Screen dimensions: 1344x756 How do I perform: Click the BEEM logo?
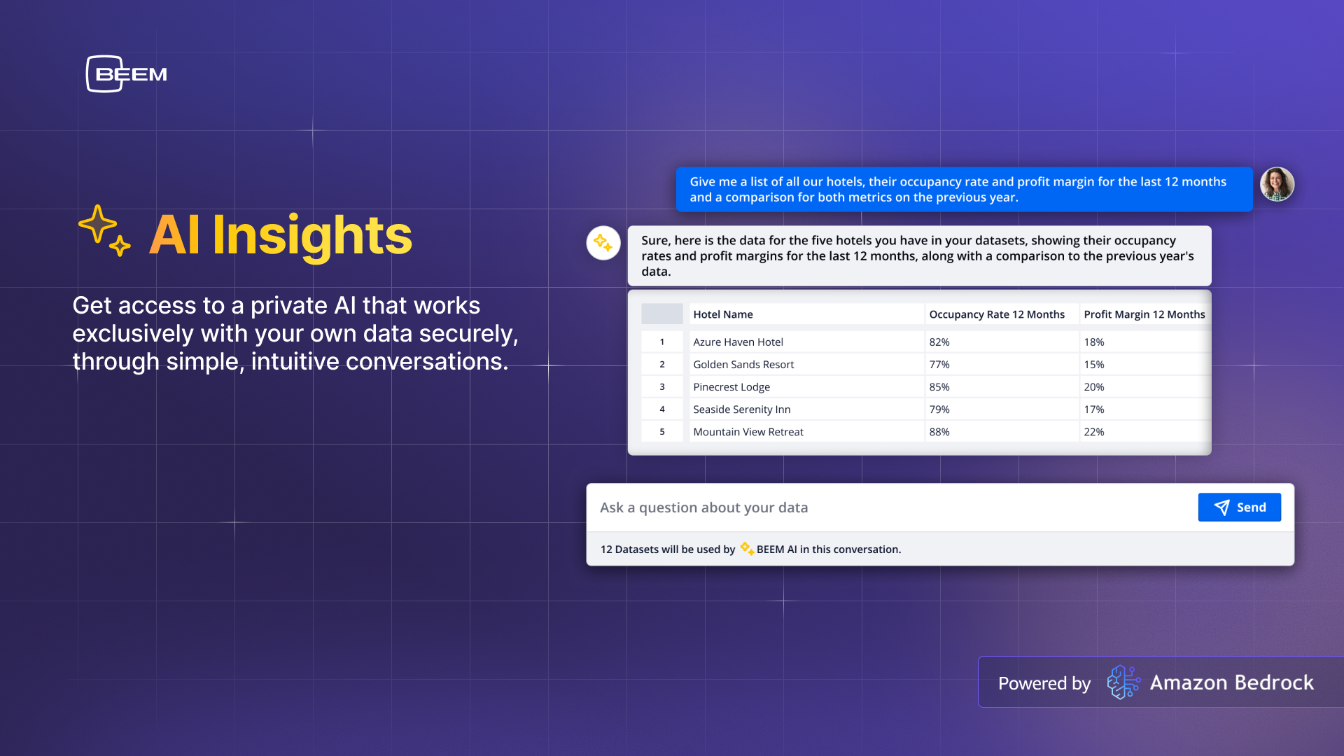click(127, 73)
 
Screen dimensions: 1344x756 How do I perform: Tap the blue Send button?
click(1239, 507)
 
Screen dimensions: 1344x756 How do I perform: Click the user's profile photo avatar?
click(1277, 184)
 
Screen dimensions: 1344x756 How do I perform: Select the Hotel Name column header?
click(723, 314)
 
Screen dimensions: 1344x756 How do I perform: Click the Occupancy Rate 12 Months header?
click(997, 314)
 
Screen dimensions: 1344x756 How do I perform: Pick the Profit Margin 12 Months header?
click(1144, 314)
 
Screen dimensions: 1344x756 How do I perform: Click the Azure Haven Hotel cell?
click(738, 342)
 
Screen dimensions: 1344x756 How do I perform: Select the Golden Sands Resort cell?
click(743, 365)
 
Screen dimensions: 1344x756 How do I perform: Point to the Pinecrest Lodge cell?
click(731, 387)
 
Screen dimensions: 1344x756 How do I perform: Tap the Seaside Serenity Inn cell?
click(741, 409)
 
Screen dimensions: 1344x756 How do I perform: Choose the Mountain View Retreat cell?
click(748, 432)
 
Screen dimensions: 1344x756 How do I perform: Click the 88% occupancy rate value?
click(939, 432)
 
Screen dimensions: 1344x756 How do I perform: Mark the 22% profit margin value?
click(1094, 432)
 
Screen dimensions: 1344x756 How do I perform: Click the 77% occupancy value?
click(939, 365)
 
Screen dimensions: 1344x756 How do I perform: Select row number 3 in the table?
click(662, 387)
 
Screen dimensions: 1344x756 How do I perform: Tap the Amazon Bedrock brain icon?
click(1123, 682)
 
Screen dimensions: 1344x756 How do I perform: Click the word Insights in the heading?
click(312, 236)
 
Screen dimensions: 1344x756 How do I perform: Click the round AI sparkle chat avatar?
click(603, 243)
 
